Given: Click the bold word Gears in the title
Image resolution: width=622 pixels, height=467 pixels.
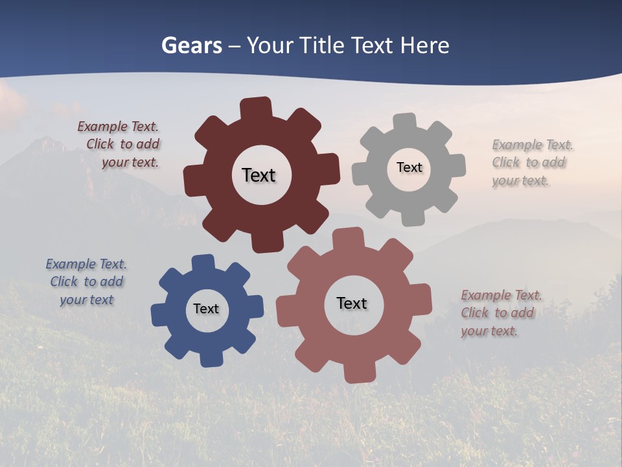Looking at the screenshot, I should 191,45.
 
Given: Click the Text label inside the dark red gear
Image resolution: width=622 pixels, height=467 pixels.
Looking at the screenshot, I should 259,175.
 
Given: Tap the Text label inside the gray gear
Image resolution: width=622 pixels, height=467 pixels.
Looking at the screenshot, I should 409,167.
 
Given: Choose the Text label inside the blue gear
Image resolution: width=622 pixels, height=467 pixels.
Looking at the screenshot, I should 206,309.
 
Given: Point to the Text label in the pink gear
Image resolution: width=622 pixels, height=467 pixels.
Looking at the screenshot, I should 352,303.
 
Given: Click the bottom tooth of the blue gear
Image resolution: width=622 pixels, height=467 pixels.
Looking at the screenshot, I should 211,358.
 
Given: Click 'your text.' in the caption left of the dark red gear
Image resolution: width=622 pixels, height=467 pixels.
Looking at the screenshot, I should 130,162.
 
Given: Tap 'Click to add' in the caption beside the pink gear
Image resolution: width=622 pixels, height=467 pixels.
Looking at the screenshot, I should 498,313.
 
